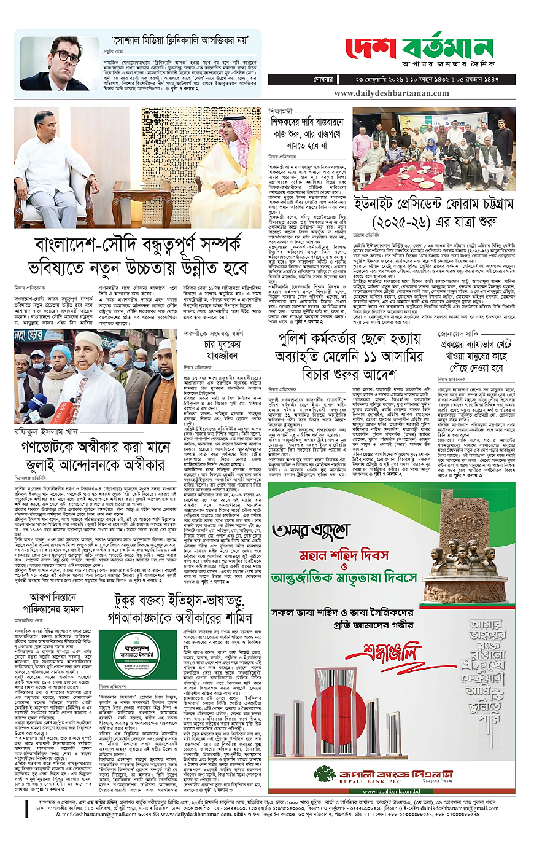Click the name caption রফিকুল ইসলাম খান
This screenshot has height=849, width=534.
[47, 432]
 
